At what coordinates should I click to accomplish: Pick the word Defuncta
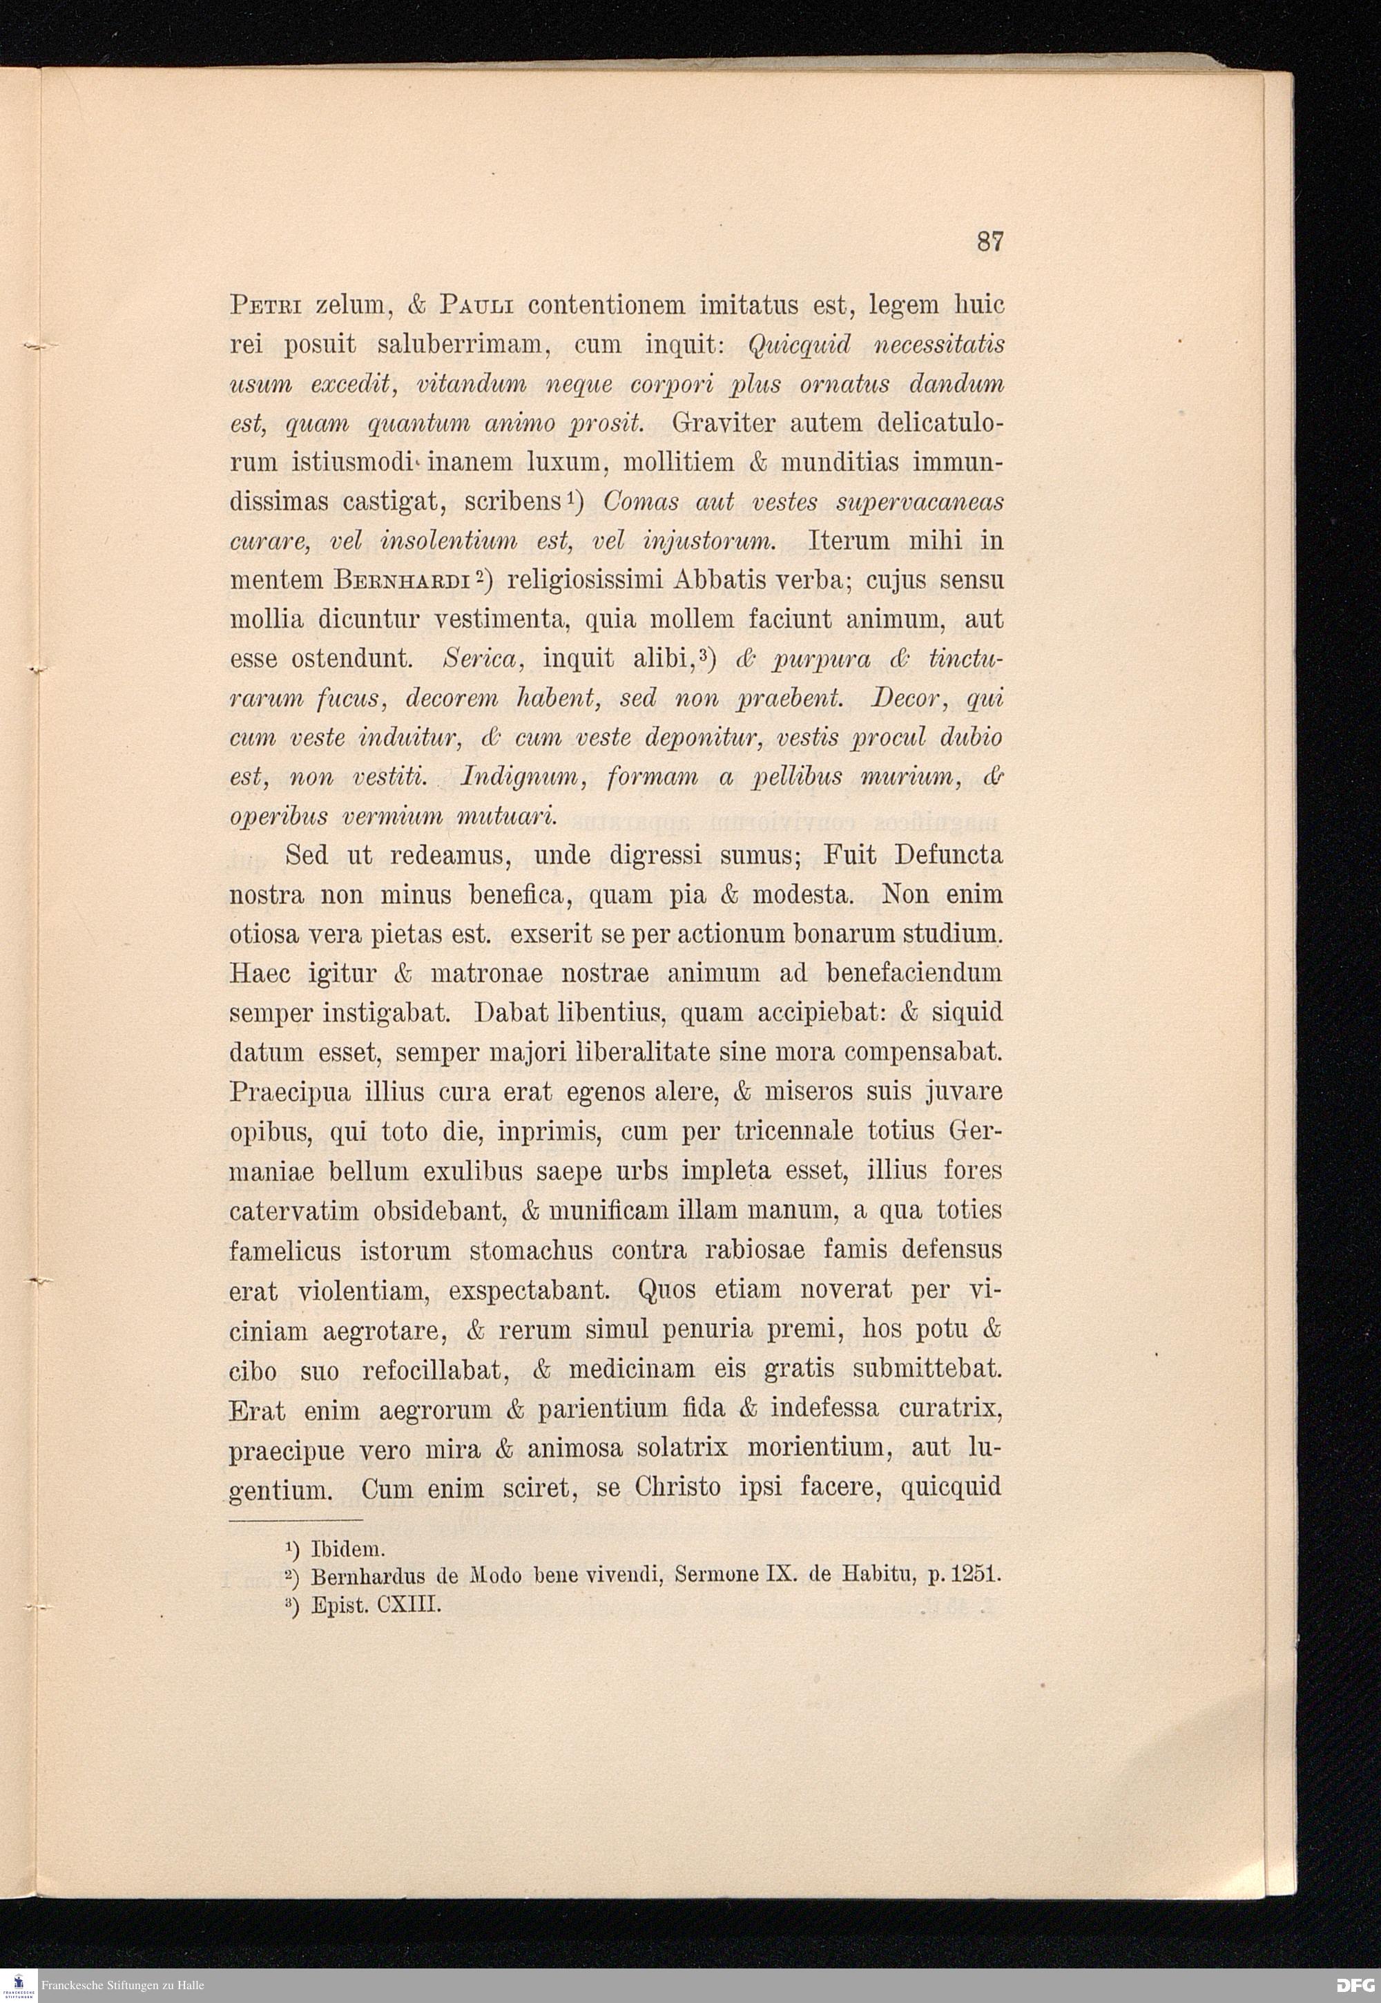tap(948, 856)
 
